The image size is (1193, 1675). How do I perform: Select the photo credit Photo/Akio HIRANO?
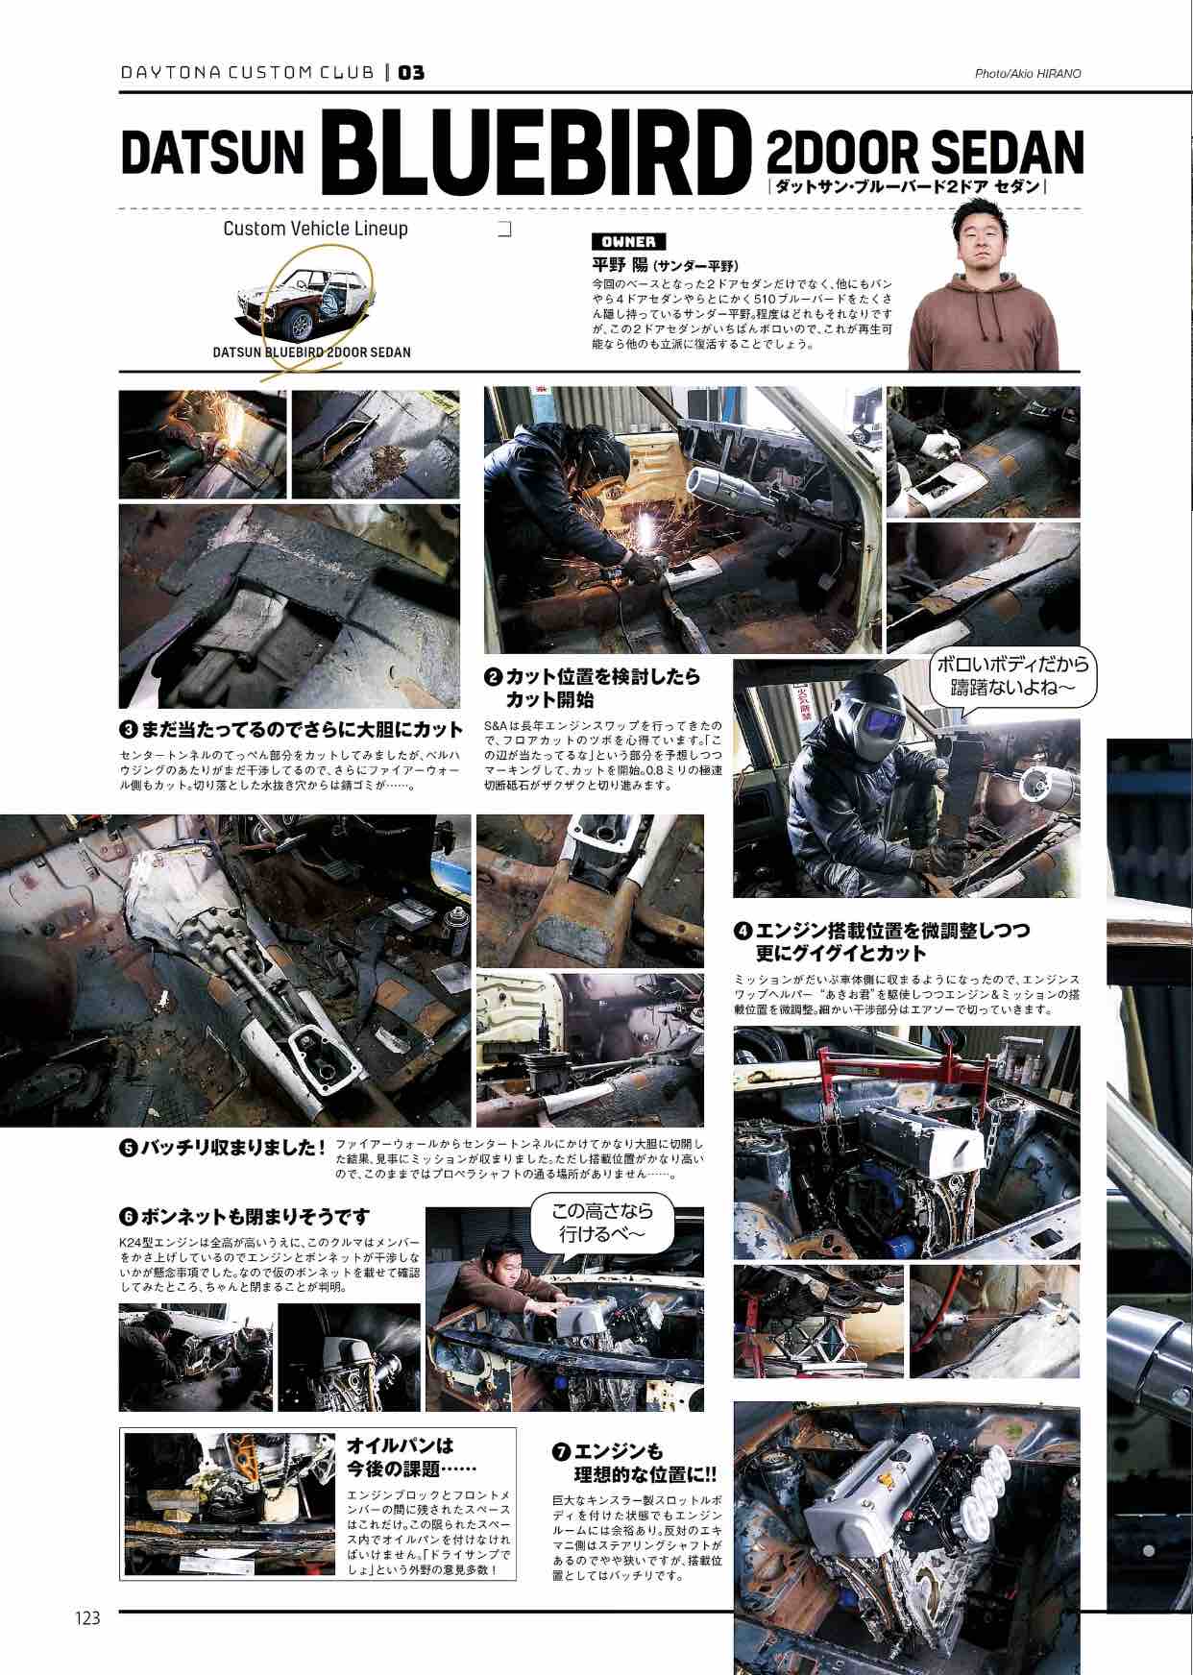(x=1028, y=73)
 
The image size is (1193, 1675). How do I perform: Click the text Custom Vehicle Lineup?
(x=315, y=229)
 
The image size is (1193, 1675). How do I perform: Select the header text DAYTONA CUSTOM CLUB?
(x=249, y=73)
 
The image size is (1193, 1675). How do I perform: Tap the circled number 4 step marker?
(x=743, y=930)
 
